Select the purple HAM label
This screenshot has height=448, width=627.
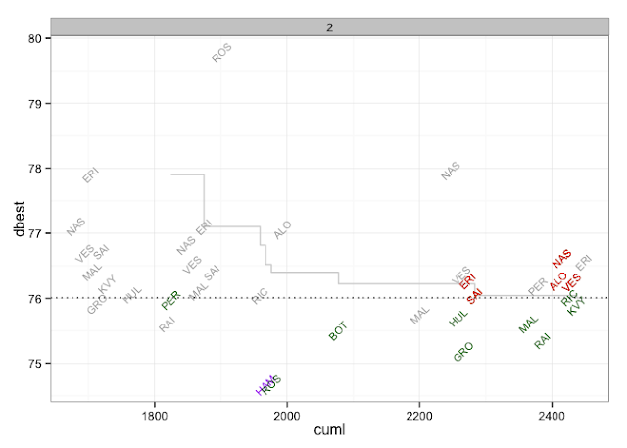(265, 385)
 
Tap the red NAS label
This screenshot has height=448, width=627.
(561, 259)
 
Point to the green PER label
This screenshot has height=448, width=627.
(170, 299)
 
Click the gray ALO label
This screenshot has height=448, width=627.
(282, 230)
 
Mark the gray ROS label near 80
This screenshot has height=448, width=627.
(222, 53)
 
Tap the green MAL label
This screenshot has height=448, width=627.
(529, 324)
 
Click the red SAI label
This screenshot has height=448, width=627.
(475, 295)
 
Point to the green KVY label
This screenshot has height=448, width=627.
(577, 306)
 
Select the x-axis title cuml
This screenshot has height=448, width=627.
(329, 430)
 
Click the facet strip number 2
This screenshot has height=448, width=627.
(331, 26)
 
